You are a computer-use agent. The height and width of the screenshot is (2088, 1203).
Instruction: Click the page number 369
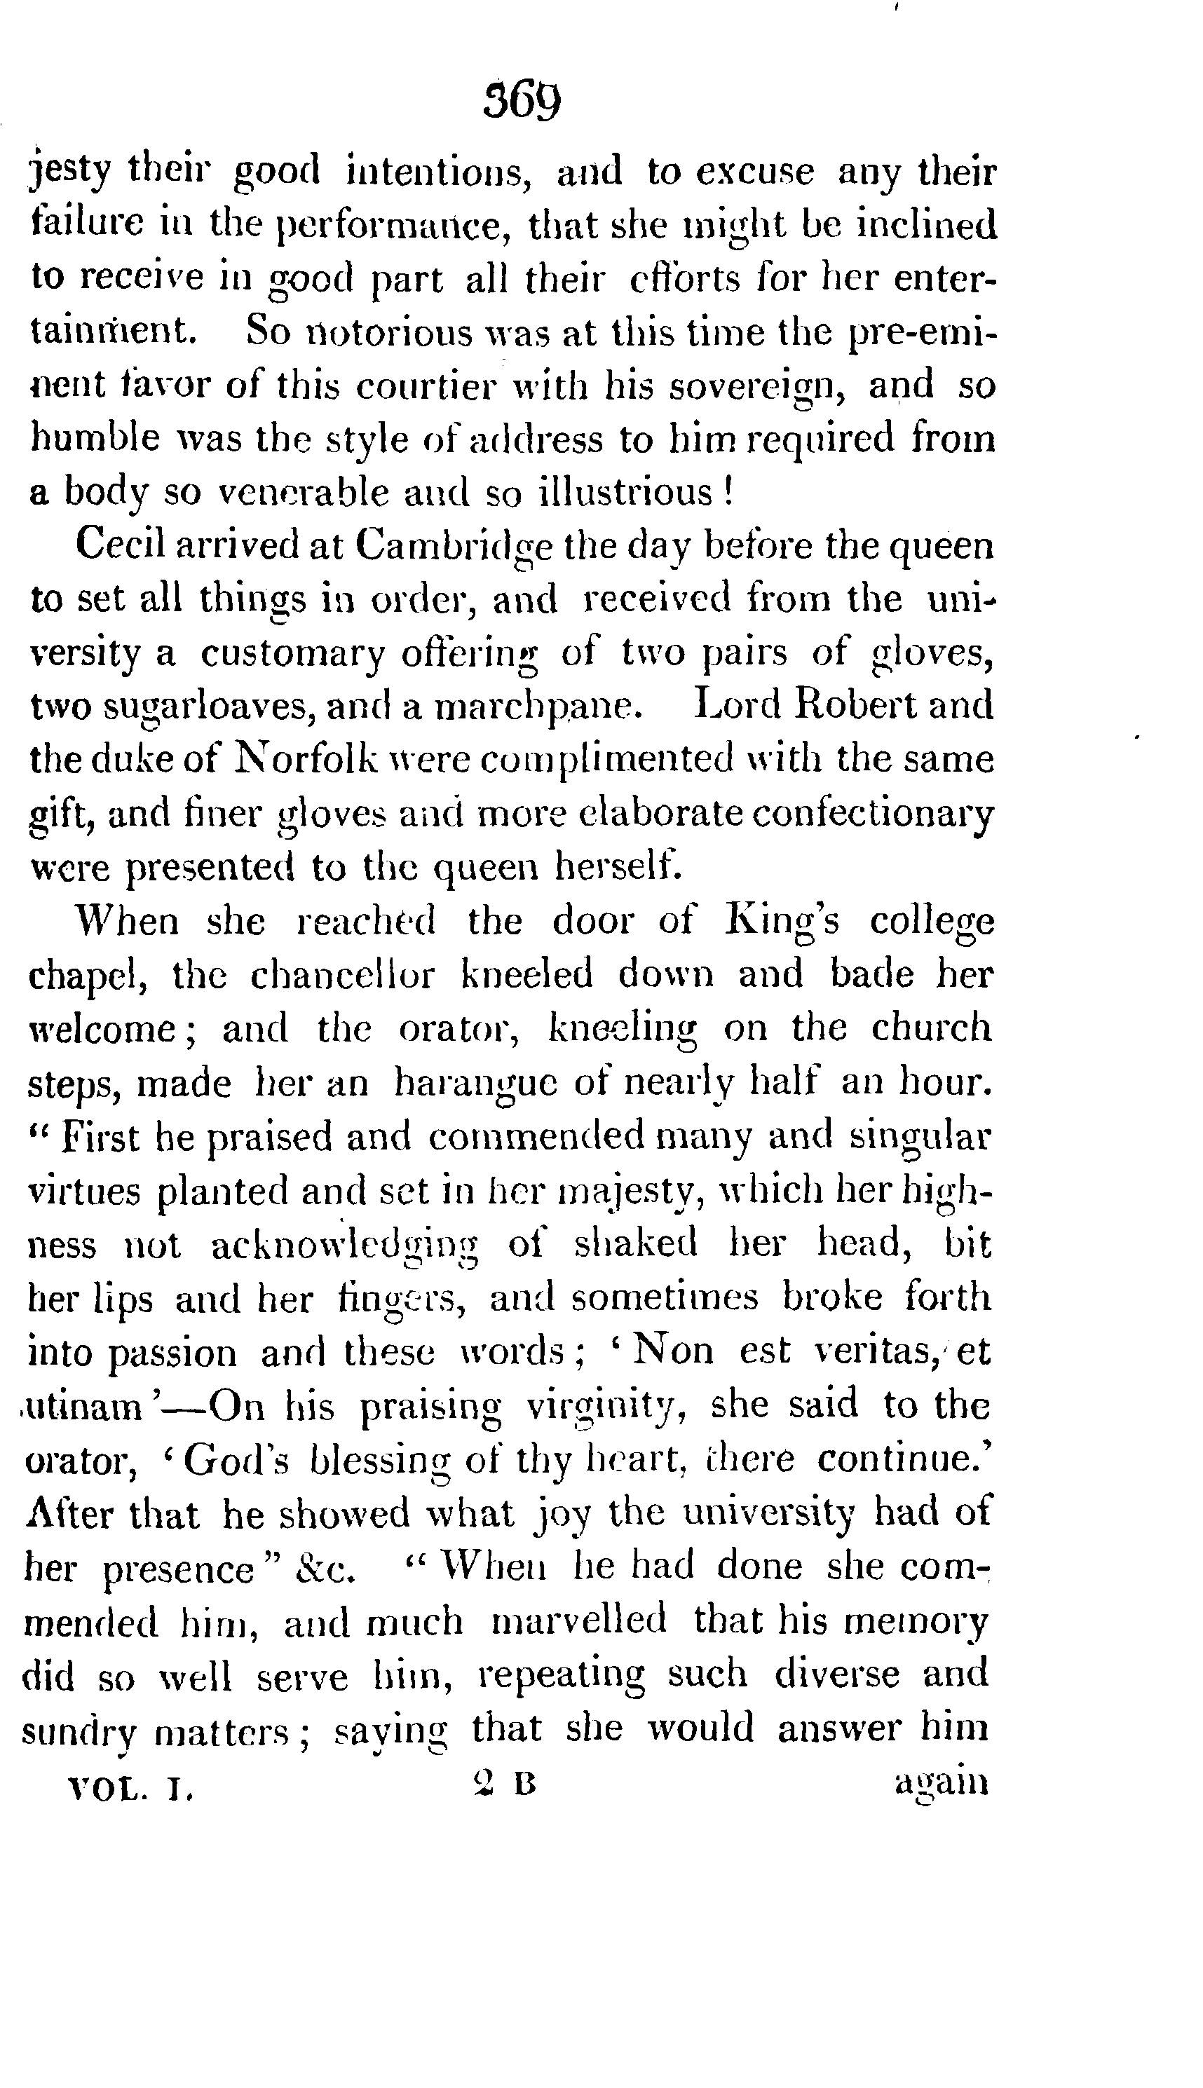[523, 102]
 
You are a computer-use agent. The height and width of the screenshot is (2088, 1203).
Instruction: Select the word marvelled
[578, 1621]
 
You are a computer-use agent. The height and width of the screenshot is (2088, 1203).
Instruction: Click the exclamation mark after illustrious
[728, 493]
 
